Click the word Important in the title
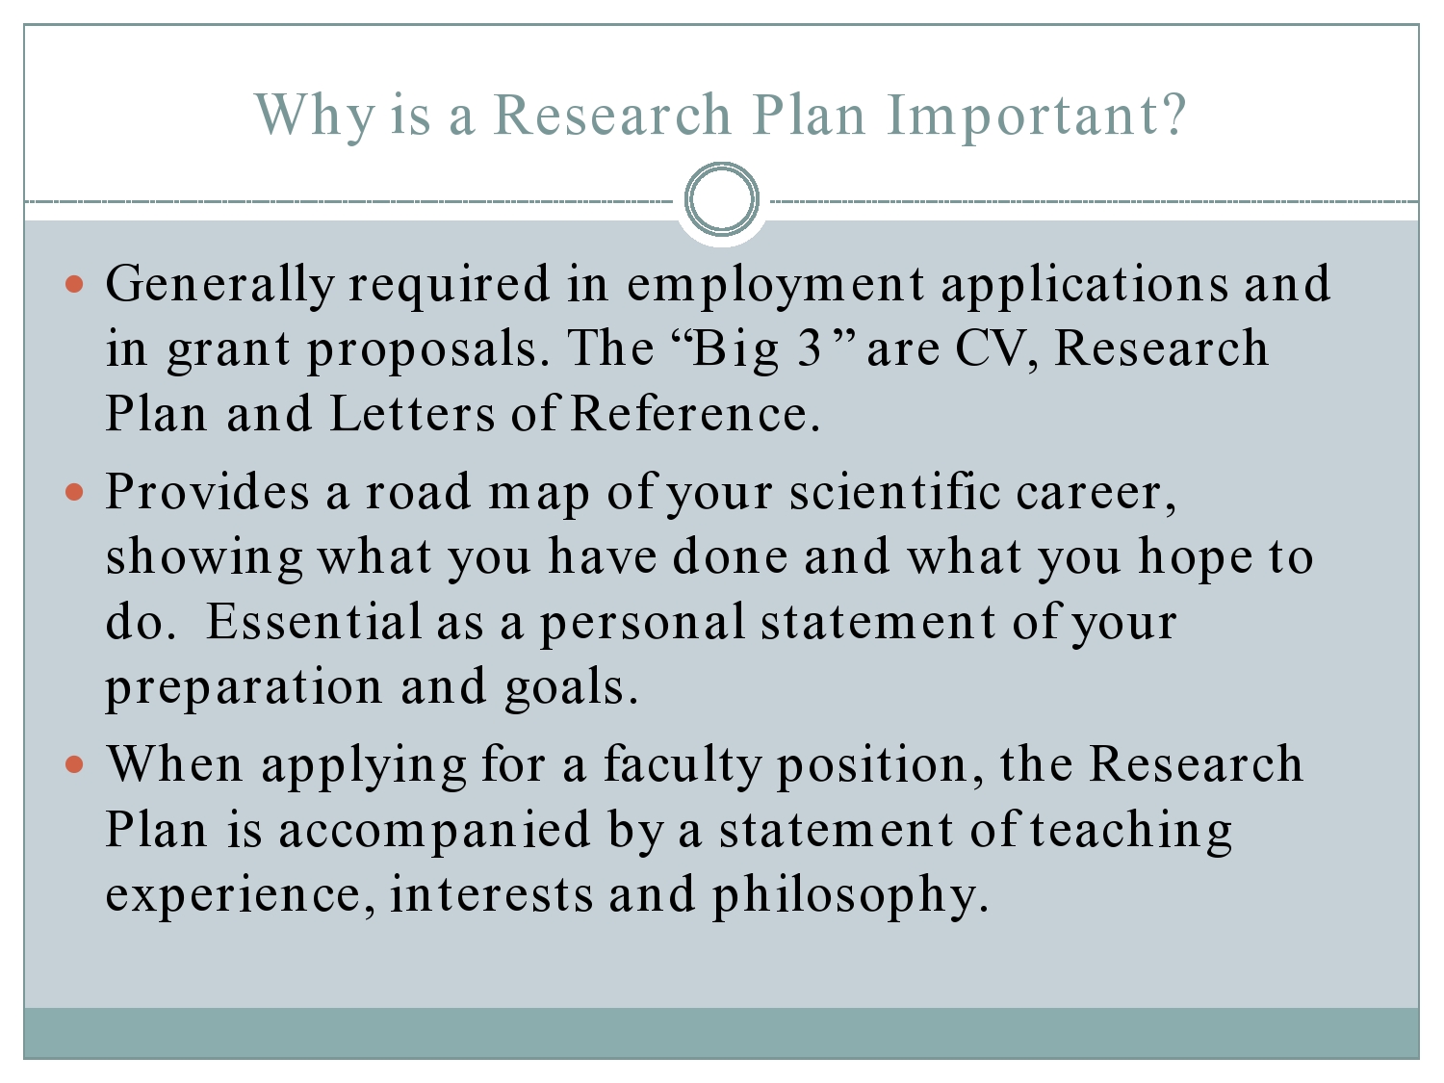1034,116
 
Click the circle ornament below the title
722,200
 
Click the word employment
776,285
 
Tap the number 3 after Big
811,349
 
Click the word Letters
412,414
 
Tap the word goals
571,688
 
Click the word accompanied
434,831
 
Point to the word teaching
1131,831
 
